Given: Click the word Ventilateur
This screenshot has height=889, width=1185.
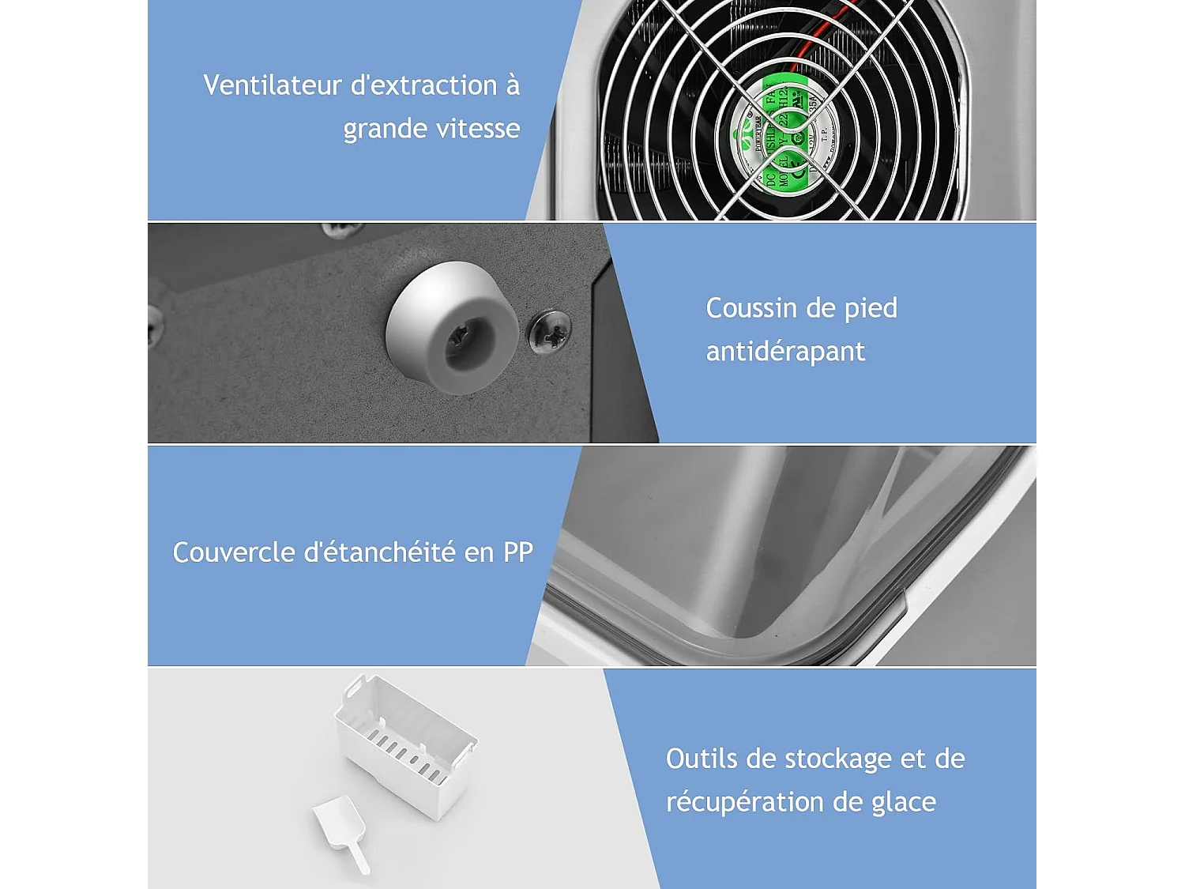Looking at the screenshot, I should point(271,85).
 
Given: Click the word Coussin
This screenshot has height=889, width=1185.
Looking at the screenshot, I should point(751,308).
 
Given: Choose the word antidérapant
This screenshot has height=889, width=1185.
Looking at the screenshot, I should point(785,352).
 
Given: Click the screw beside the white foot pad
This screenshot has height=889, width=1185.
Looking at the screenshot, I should point(550,333).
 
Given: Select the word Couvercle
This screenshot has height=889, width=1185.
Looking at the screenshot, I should point(234,552).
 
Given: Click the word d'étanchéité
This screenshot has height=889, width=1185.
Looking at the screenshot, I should point(381,552).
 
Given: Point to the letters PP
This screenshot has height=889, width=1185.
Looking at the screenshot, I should point(518,552).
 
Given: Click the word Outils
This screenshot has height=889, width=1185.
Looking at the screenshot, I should point(702,759).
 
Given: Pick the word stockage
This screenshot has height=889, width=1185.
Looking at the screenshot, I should point(838,759).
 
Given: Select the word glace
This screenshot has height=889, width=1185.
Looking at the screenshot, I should point(904,803).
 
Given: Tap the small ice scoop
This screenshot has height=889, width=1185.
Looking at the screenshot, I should point(340,830).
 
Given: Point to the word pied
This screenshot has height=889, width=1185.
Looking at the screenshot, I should point(871,308).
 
